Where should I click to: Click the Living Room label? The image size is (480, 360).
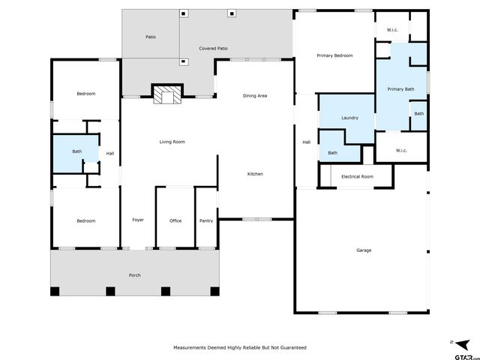[172, 142]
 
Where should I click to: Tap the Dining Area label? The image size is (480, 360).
[255, 96]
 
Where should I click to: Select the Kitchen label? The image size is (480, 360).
[255, 174]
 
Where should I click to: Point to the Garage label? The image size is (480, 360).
[363, 250]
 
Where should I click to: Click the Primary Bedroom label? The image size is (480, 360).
[334, 55]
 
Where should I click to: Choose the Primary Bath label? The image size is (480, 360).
[400, 90]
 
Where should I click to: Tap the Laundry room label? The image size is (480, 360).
[349, 118]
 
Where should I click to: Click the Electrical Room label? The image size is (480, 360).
[357, 176]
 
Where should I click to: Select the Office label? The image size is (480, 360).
[175, 220]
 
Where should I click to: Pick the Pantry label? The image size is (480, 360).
[206, 220]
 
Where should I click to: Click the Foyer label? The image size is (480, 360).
[138, 220]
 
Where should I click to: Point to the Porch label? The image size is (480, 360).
[134, 275]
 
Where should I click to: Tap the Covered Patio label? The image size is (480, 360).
[213, 49]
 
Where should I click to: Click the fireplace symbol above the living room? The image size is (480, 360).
[167, 94]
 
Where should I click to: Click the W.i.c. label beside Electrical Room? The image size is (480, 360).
[400, 150]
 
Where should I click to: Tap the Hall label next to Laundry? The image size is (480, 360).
[306, 142]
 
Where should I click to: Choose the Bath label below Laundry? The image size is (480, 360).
[332, 154]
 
